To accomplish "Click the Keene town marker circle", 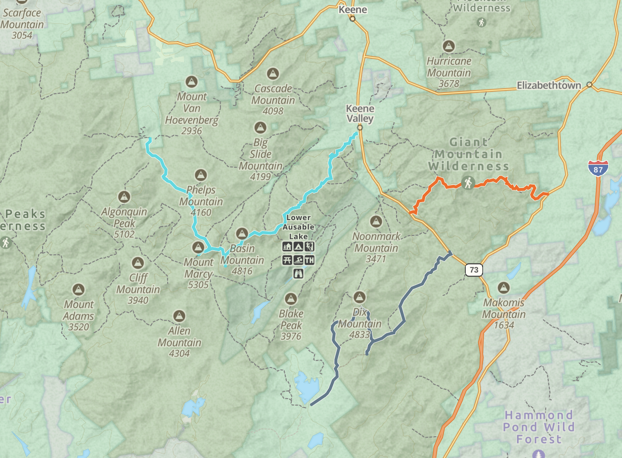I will coord(353,19).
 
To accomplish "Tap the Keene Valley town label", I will coord(360,113).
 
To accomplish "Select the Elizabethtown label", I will coord(549,85).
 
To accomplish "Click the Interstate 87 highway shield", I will coord(598,168).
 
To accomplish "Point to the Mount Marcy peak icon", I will coord(198,247).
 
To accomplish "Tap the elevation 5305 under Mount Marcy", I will coord(198,285).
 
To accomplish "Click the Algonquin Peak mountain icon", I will coord(124,197).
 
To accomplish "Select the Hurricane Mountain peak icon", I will coord(449,46).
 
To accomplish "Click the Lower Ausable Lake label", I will coord(298,227).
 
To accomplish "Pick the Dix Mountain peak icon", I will coord(359,297).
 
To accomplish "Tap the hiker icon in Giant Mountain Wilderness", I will coord(468,183).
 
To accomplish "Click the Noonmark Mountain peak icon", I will coord(376,221).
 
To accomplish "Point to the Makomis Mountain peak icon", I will coord(504,287).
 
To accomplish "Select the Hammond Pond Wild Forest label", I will coord(538,427).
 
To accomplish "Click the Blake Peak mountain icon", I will coord(291,299).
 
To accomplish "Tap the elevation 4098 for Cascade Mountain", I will coord(272,111).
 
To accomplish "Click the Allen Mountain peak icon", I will coord(179,316).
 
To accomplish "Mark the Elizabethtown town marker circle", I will coord(589,85).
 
